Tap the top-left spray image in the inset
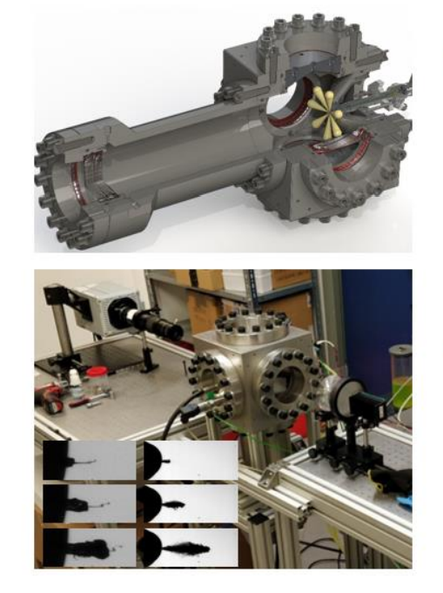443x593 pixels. click(89, 461)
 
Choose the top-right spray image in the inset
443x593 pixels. click(189, 461)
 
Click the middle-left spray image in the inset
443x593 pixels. click(89, 503)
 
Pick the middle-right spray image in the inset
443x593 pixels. click(189, 503)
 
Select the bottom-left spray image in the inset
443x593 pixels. click(89, 547)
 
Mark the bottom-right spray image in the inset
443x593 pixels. click(189, 547)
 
